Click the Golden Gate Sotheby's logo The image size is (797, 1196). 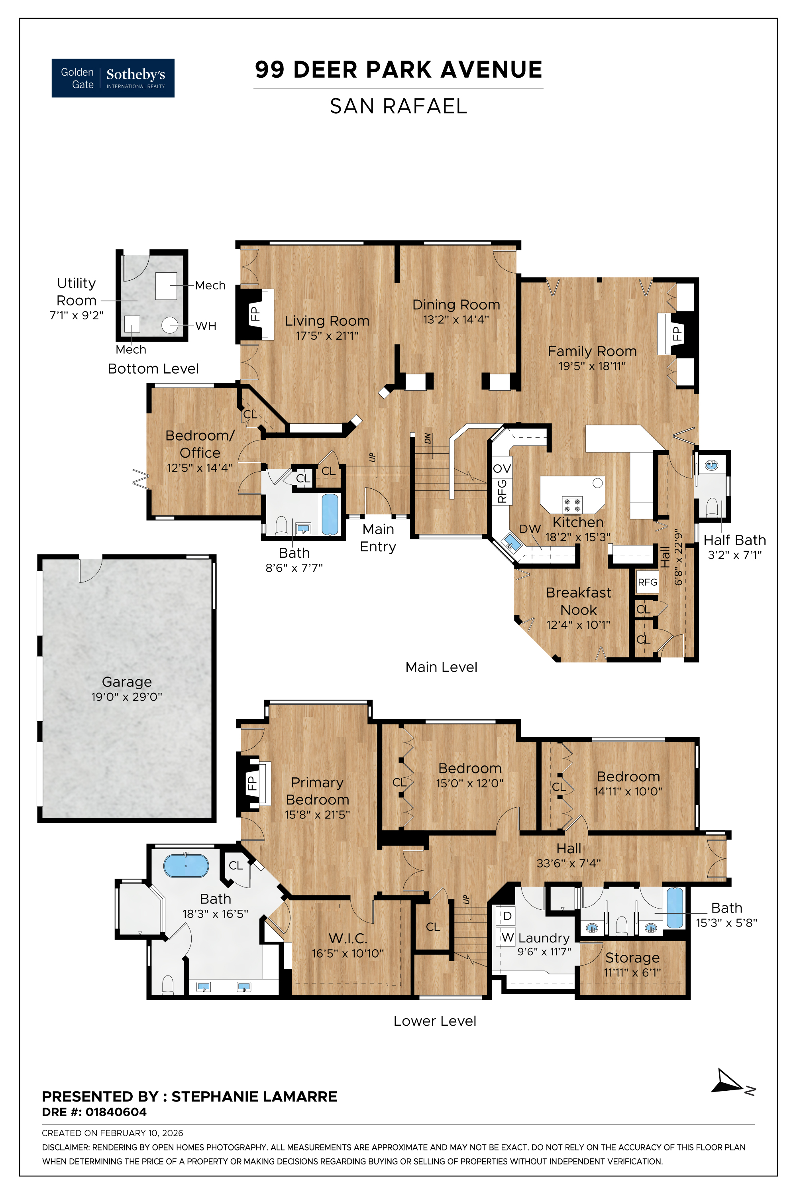(113, 78)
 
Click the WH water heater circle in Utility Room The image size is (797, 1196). (170, 325)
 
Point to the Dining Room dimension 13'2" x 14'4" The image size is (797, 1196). (456, 319)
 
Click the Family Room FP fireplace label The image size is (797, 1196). (677, 334)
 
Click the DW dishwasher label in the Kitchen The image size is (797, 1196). (530, 529)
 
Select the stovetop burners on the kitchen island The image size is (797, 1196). (572, 504)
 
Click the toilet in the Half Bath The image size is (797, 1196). (712, 508)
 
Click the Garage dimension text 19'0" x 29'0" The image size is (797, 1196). (127, 696)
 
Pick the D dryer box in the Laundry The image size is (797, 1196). (507, 916)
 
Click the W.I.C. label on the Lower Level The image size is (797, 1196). (347, 938)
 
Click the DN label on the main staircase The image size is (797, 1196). (428, 438)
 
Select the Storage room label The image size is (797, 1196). (632, 958)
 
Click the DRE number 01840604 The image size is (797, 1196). (116, 1112)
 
